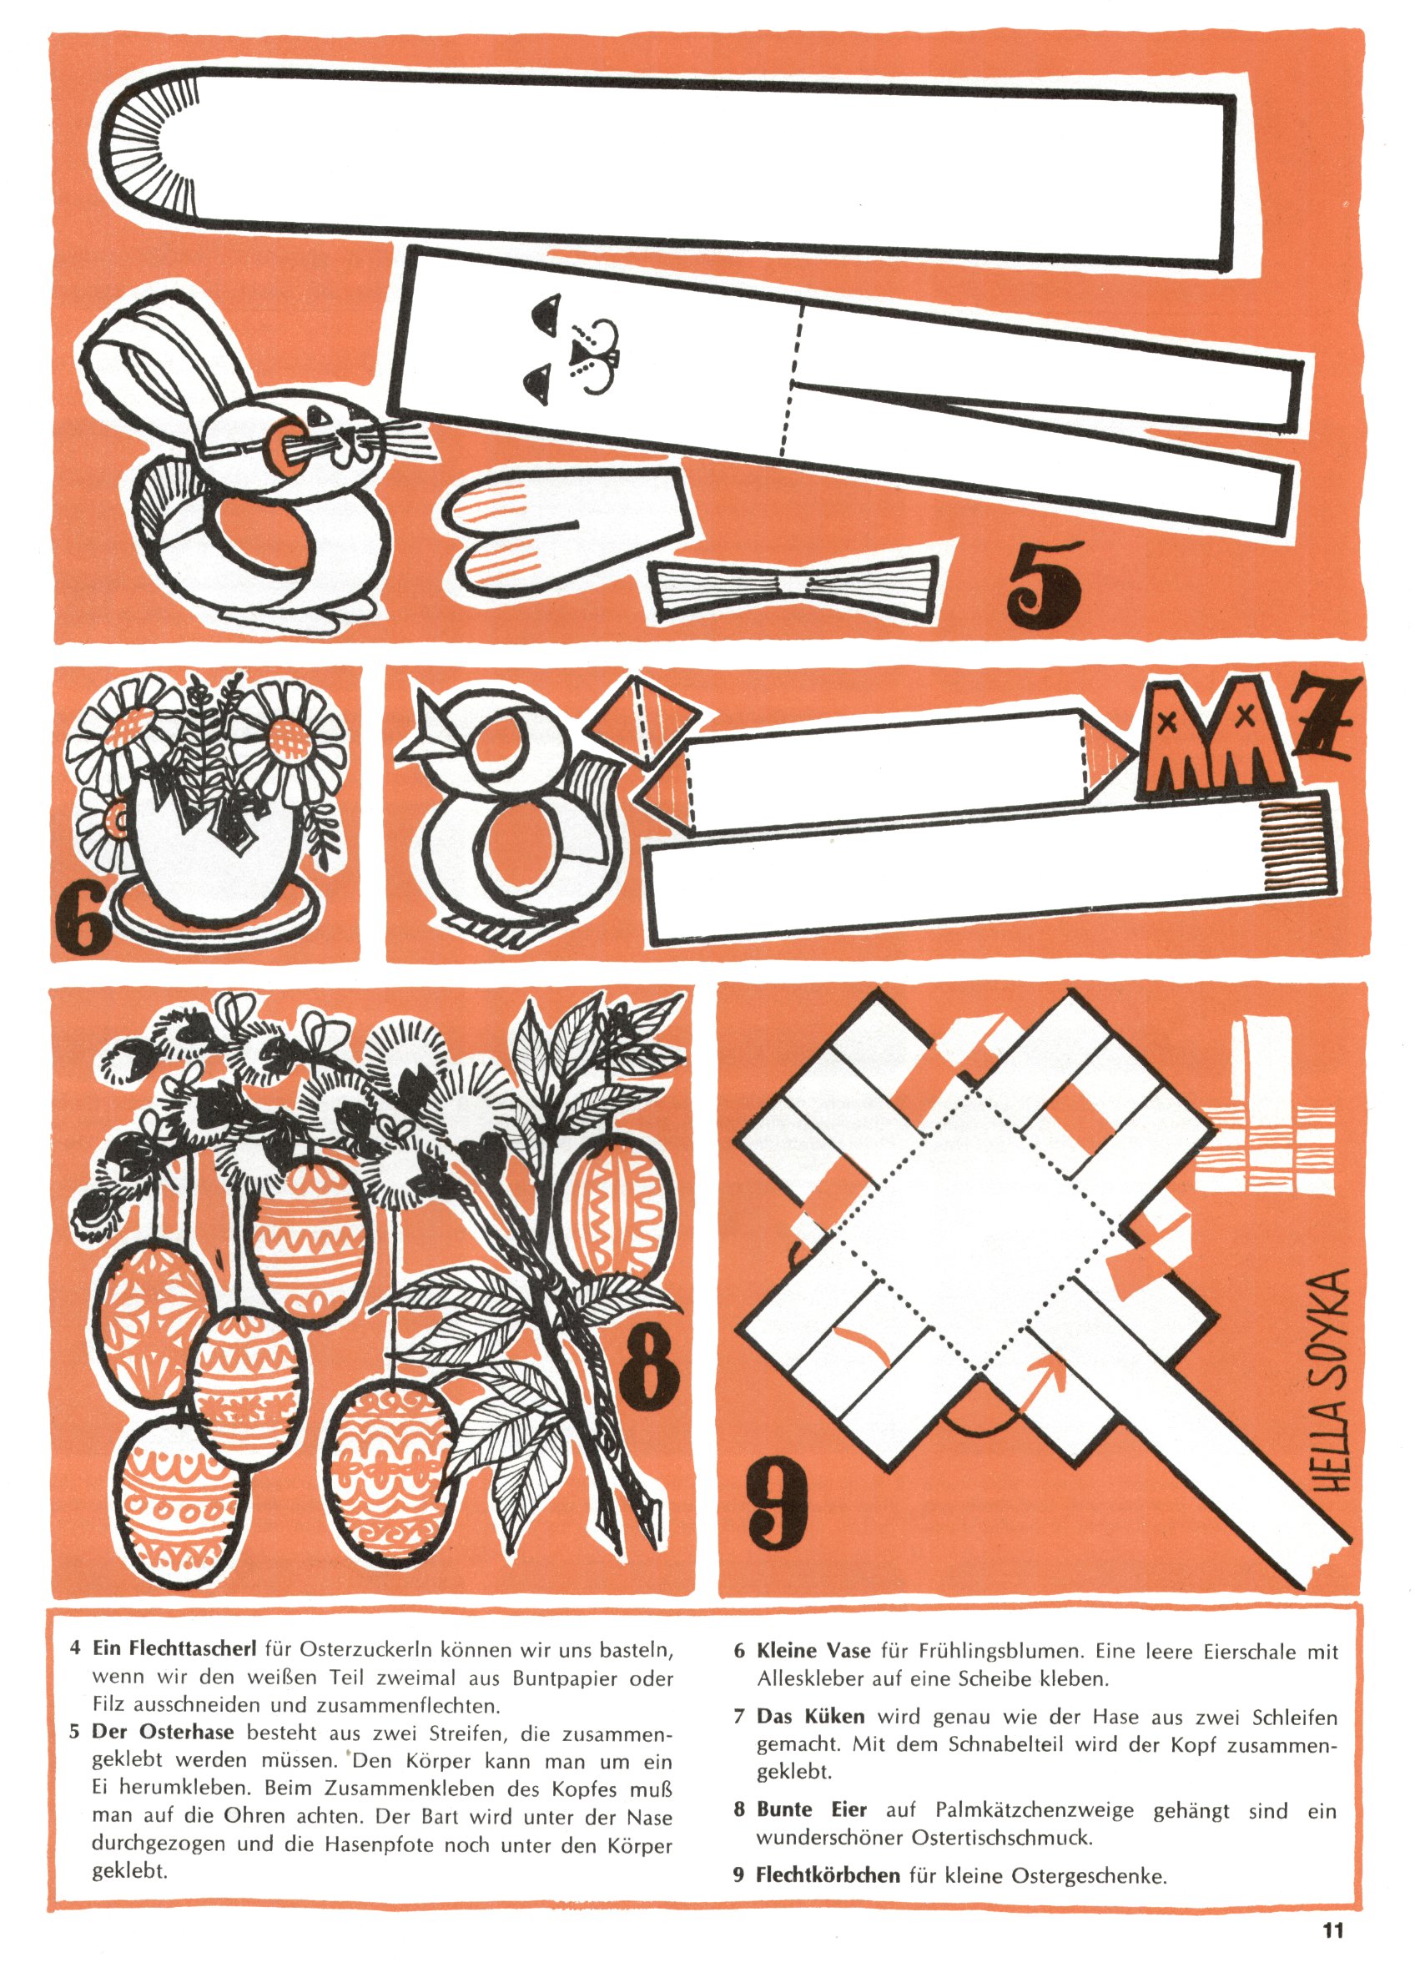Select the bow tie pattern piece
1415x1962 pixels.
(x=793, y=586)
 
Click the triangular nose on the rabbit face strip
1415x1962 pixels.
(x=580, y=350)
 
